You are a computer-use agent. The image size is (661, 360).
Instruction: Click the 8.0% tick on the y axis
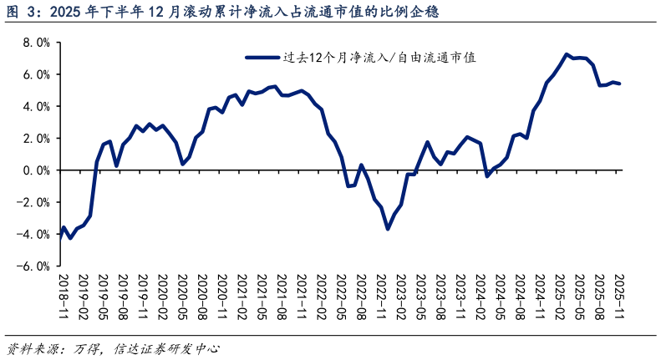(x=36, y=43)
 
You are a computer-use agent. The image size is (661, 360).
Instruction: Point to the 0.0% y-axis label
(x=36, y=170)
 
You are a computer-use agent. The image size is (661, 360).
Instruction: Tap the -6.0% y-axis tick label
(x=33, y=266)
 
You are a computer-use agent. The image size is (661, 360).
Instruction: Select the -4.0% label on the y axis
(x=33, y=235)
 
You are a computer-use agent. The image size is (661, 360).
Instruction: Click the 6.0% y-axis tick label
(x=36, y=74)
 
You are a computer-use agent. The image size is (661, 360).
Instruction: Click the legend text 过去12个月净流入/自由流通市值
(x=379, y=58)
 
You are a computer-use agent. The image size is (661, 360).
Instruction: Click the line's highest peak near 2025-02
(x=567, y=54)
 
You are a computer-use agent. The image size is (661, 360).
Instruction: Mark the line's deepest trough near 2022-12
(x=388, y=228)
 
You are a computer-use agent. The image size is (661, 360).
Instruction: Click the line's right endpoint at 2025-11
(x=619, y=84)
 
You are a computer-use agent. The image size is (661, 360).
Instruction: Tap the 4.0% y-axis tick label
(x=36, y=107)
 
